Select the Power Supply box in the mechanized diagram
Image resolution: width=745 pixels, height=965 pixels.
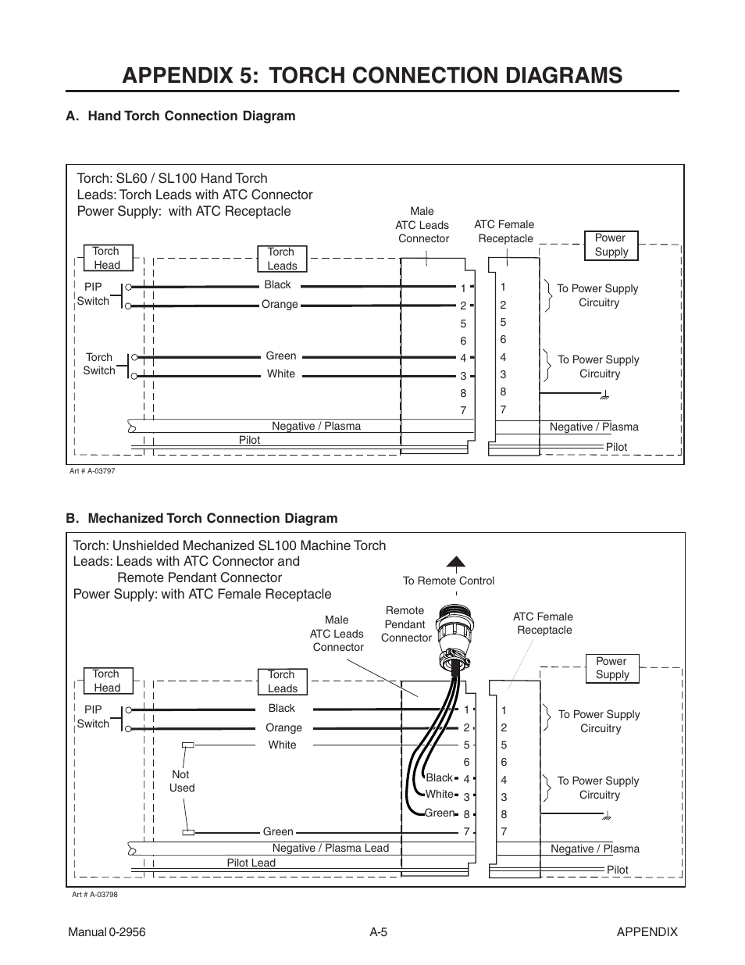click(611, 668)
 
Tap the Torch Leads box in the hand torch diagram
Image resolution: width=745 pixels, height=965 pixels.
click(282, 259)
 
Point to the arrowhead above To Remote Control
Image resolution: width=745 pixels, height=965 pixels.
click(456, 561)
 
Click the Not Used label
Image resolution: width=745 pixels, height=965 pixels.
click(181, 781)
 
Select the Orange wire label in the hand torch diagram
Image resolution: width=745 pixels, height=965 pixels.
click(280, 305)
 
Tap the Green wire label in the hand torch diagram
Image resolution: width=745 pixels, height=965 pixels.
click(280, 356)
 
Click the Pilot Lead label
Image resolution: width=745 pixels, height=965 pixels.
click(251, 863)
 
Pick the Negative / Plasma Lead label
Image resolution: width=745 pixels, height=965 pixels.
click(330, 848)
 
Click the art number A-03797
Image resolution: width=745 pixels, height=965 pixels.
click(93, 471)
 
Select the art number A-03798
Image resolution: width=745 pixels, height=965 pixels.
click(94, 895)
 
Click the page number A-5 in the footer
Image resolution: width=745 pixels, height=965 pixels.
click(380, 931)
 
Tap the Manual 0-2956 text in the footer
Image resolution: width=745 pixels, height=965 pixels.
click(107, 931)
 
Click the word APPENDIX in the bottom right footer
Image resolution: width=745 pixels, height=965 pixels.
click(646, 931)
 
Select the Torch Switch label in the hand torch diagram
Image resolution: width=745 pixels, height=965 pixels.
click(99, 364)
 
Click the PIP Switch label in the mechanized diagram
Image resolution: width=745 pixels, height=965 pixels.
click(93, 717)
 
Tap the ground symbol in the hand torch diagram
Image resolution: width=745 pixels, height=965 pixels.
click(603, 397)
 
